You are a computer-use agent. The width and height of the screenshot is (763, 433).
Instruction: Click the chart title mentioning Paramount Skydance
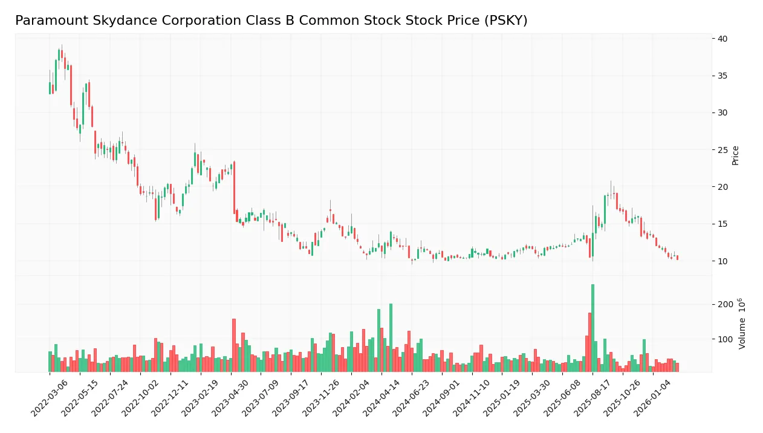271,21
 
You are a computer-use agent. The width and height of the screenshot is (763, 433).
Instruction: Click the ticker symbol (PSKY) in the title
507,21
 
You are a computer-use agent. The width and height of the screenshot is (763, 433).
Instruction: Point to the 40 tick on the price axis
722,39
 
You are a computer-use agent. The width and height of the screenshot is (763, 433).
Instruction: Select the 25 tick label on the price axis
722,150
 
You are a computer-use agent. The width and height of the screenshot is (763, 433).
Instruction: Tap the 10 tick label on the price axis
722,261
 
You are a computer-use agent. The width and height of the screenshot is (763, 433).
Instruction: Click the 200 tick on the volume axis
726,304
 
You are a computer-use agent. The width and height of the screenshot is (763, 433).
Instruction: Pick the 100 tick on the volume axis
726,339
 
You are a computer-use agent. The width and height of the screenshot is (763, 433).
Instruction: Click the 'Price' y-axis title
735,155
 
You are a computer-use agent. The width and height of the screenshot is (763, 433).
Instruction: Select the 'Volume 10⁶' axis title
742,324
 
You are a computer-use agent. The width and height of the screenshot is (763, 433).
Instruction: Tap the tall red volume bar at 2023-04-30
234,345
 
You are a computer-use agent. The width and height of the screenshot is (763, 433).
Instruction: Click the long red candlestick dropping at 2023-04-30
234,187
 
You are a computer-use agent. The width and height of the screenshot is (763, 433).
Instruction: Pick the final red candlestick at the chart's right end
677,258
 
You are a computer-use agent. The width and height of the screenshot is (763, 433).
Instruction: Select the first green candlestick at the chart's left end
50,88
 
